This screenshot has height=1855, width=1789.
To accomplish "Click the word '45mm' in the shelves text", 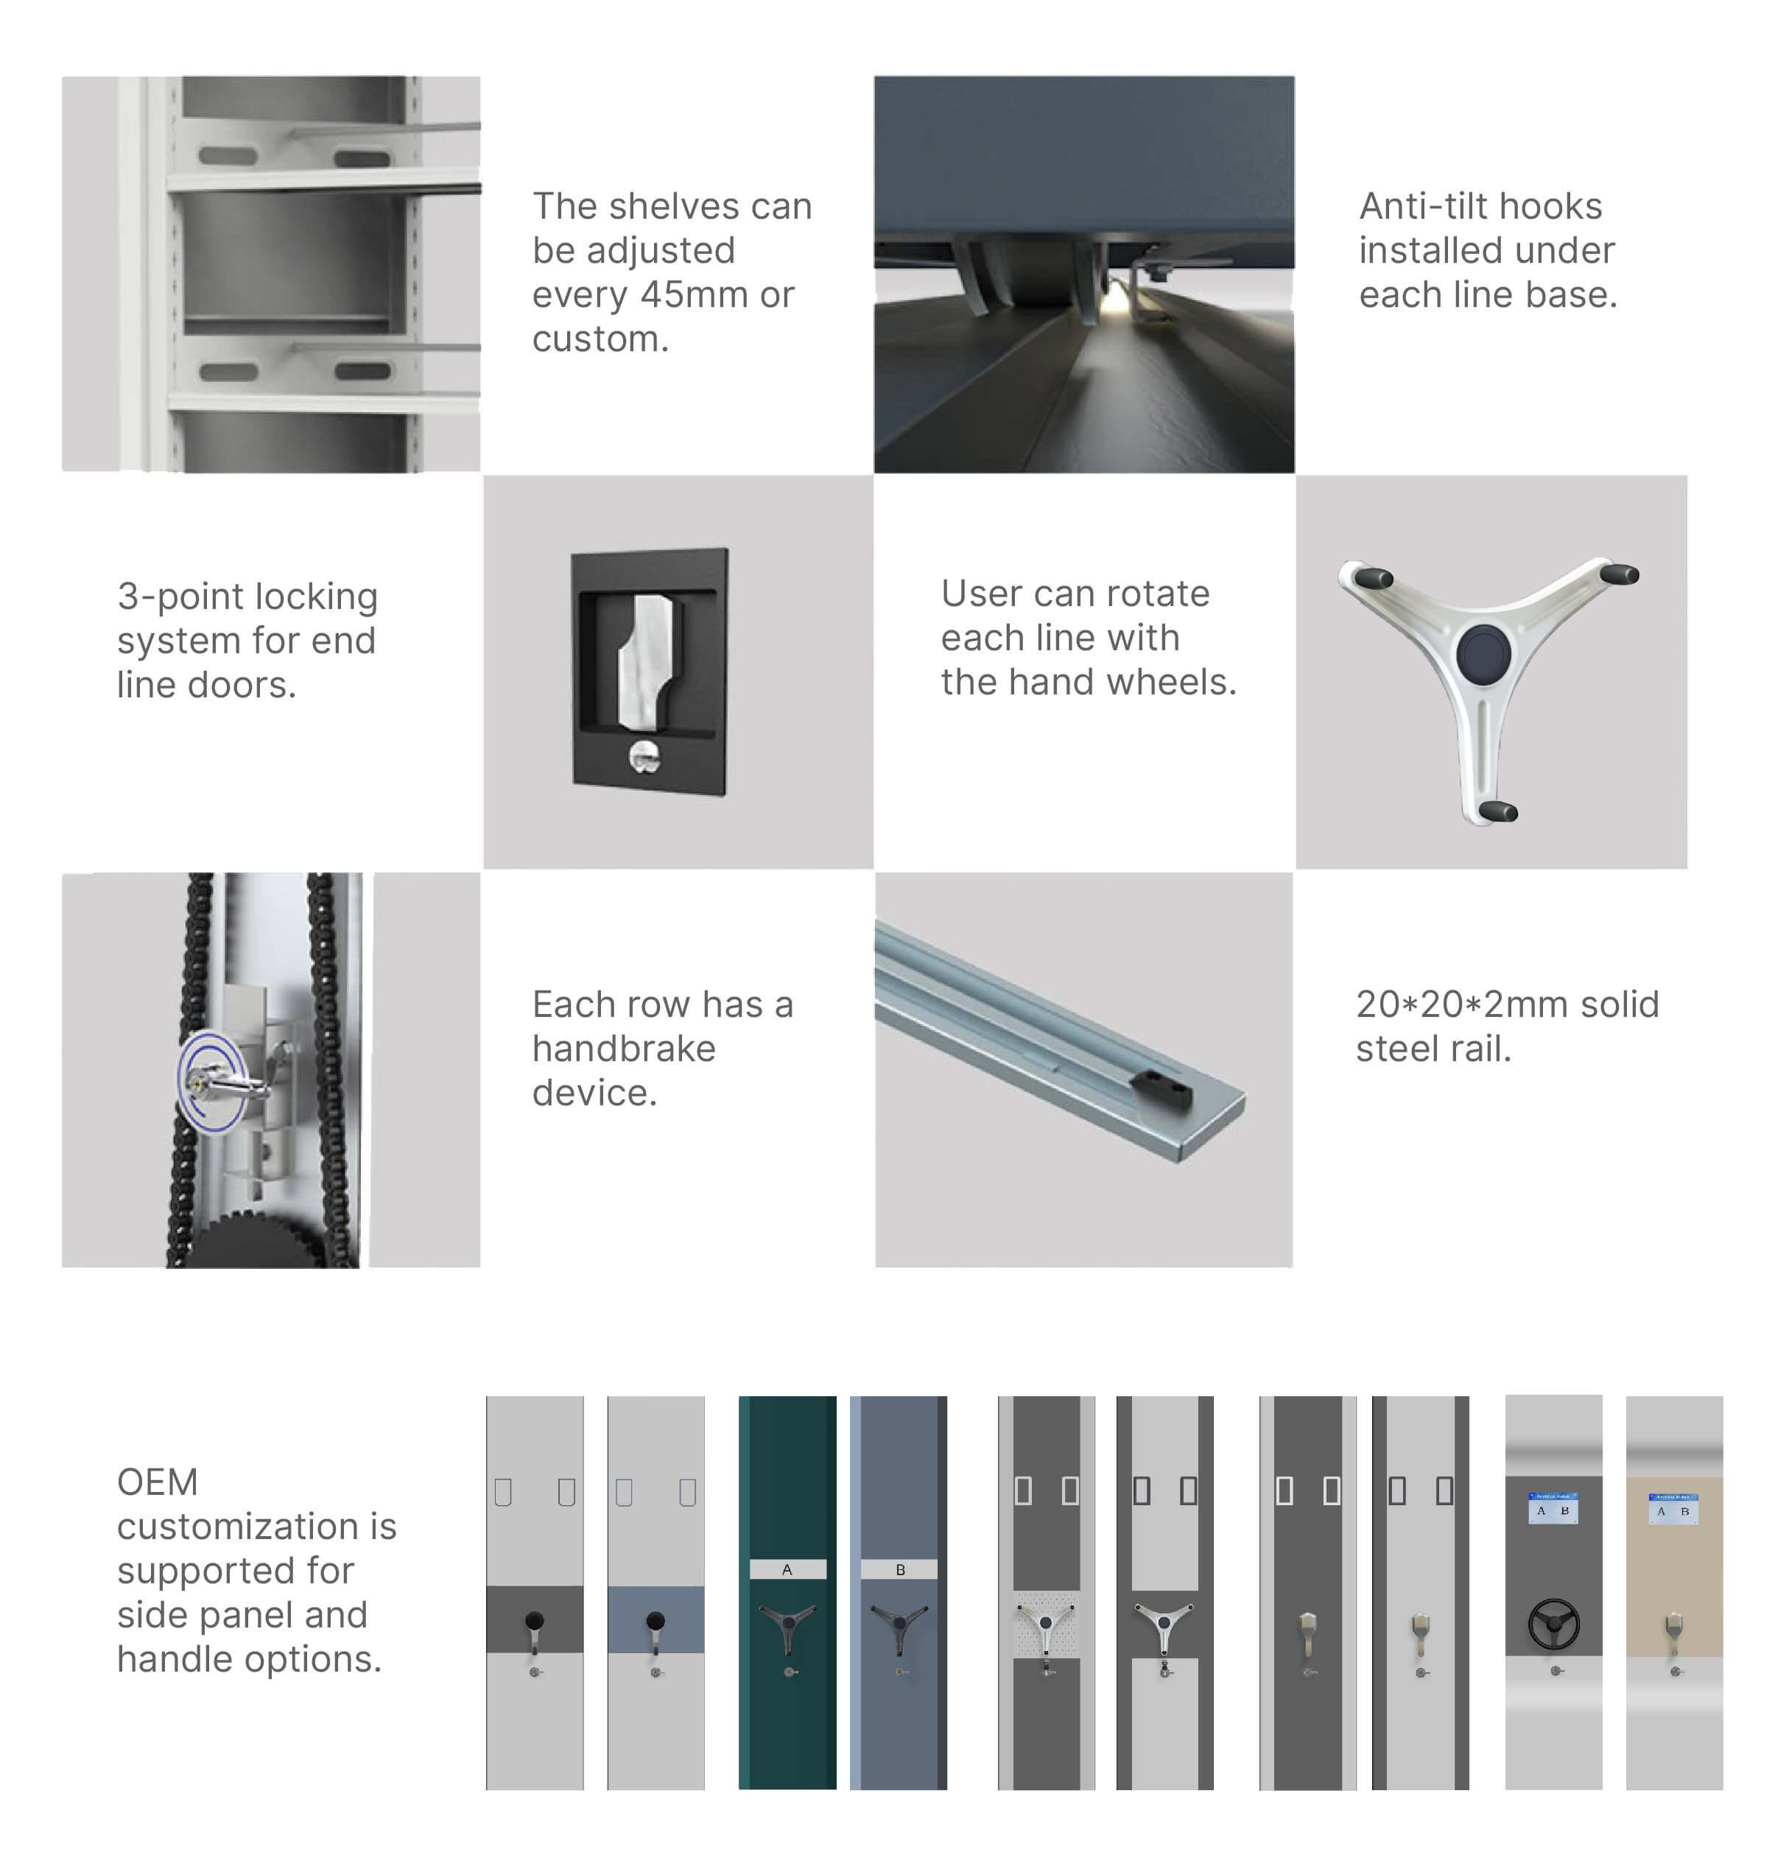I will click(x=693, y=295).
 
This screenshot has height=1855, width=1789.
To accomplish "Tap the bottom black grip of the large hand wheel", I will click(x=1497, y=811).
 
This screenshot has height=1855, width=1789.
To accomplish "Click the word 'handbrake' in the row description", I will click(x=623, y=1049).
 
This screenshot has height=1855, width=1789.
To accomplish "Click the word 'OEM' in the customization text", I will click(x=157, y=1482).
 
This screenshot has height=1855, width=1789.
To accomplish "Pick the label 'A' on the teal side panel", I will click(x=787, y=1570).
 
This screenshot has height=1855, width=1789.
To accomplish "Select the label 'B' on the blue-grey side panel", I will click(x=900, y=1570).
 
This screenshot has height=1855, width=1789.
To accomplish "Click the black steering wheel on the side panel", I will click(x=1553, y=1624).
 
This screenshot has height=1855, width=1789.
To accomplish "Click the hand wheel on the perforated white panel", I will click(x=1045, y=1624).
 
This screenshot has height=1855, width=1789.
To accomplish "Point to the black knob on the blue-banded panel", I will click(x=655, y=1622).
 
